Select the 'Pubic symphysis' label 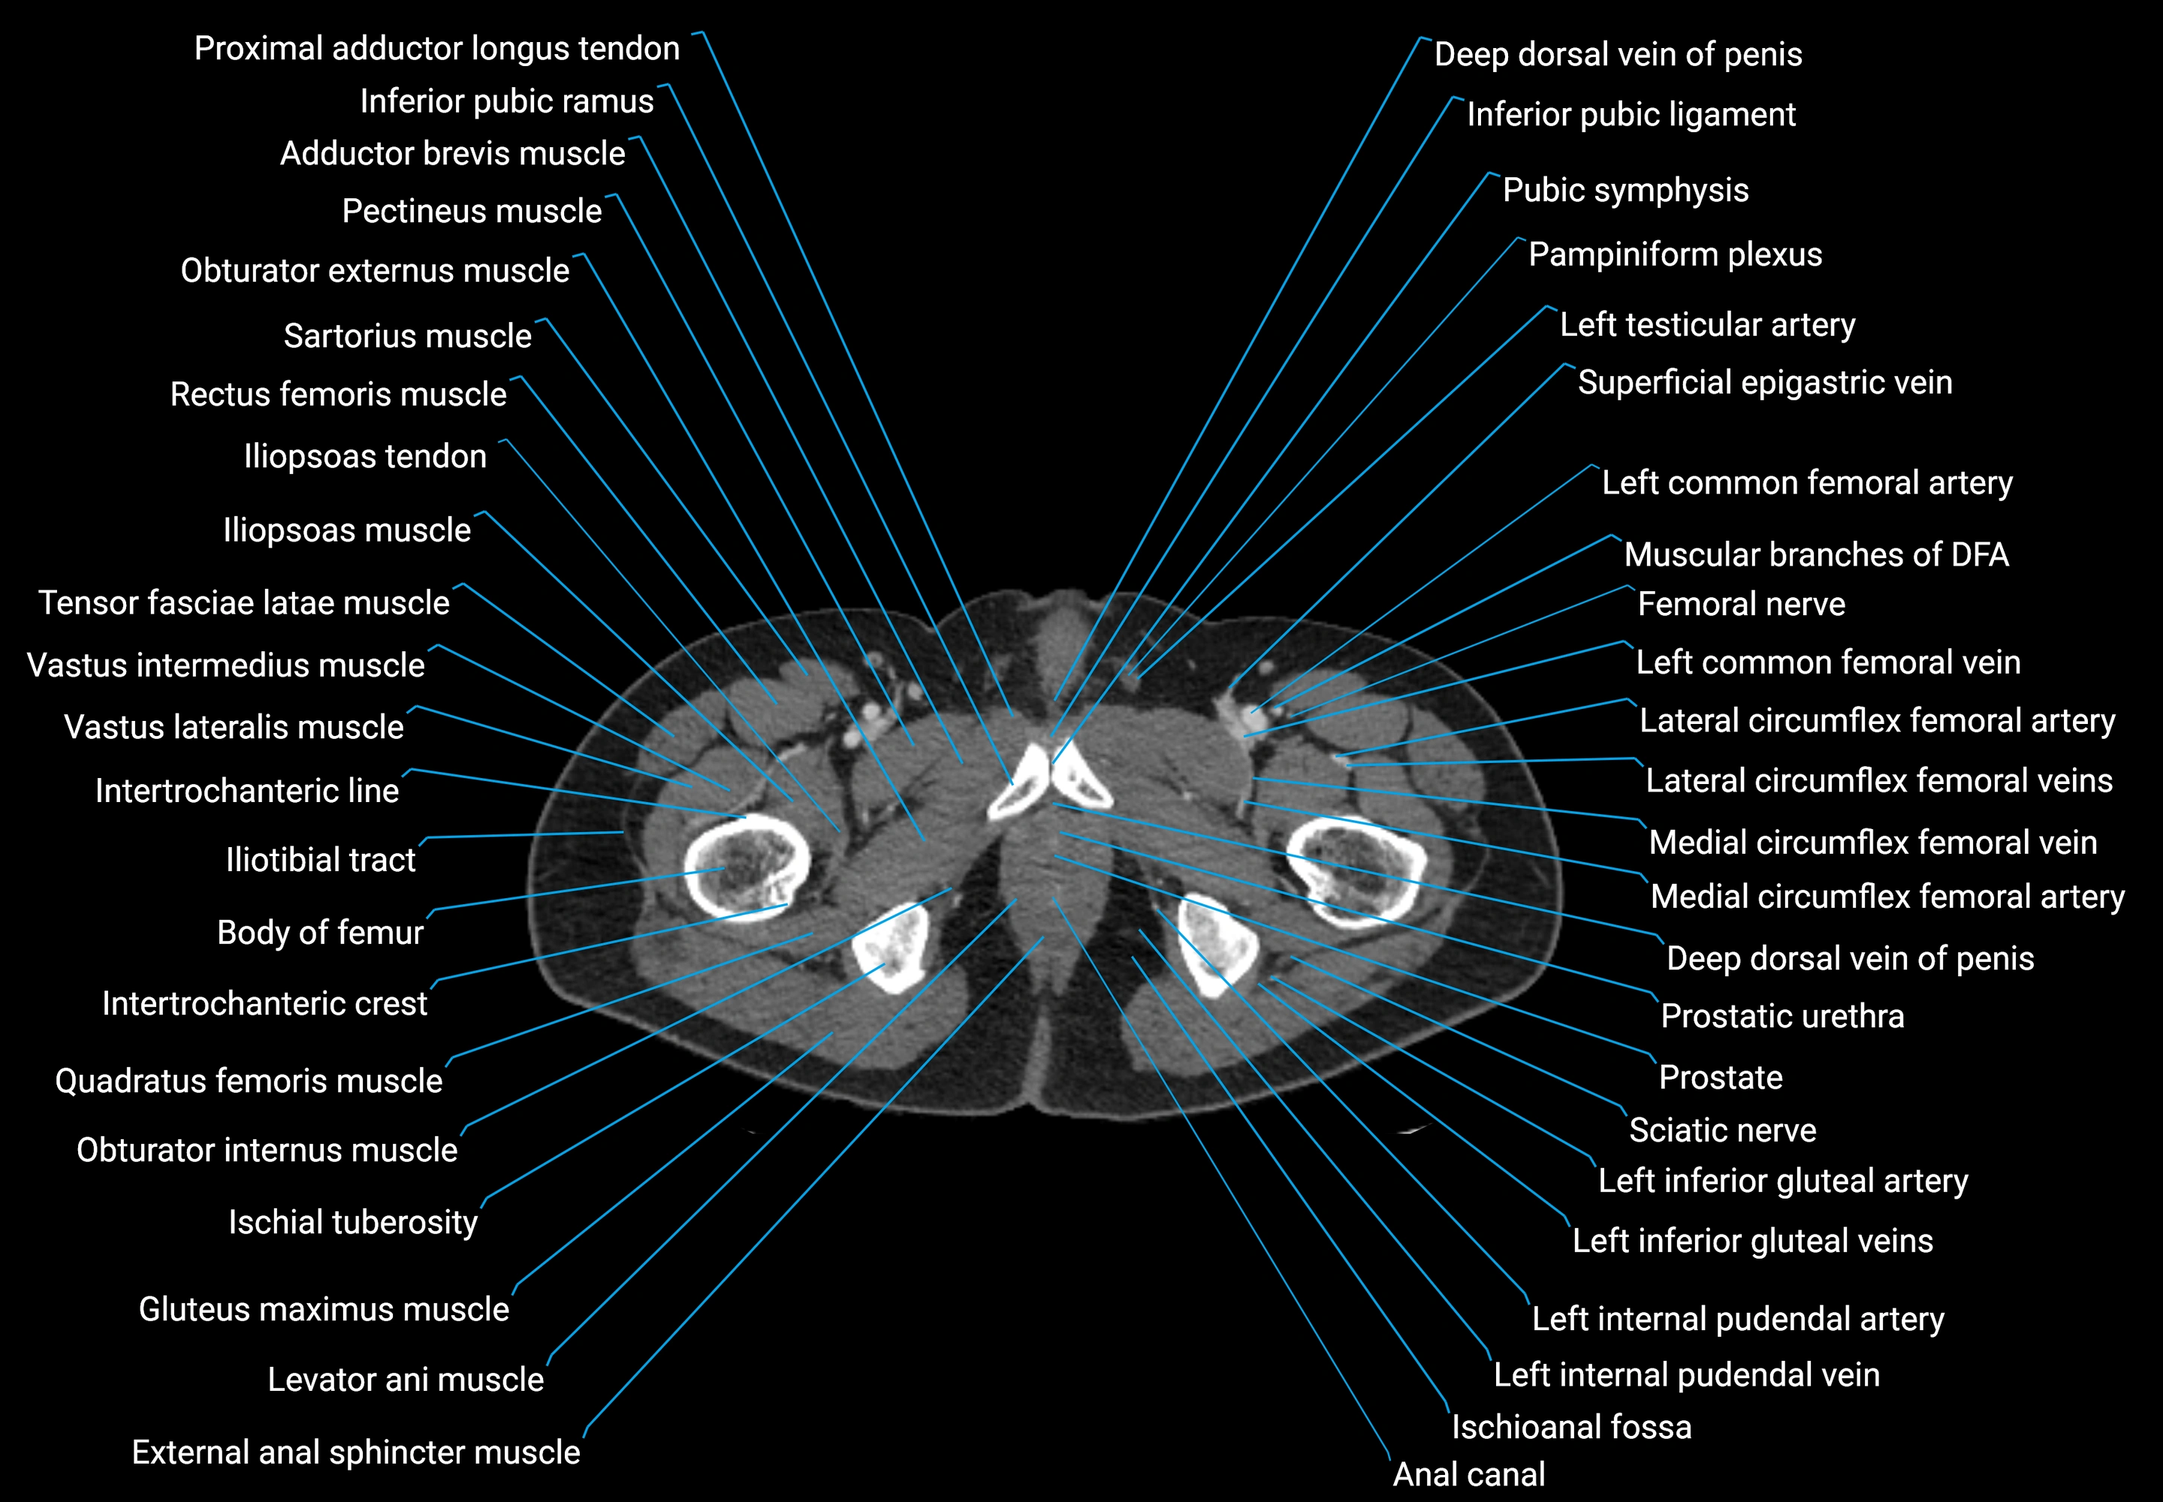click(1625, 190)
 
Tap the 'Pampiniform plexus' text click(1675, 254)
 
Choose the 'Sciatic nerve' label click(1721, 1130)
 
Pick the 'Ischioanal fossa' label click(1571, 1428)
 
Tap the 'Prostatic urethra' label click(1781, 1016)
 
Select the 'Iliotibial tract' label click(320, 860)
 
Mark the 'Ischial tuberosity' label click(353, 1223)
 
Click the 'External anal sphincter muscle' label click(356, 1453)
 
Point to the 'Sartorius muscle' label click(408, 336)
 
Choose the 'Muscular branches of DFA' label click(1816, 555)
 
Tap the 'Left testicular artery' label click(1706, 324)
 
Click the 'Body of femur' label click(320, 933)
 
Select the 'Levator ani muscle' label click(406, 1380)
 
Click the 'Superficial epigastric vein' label click(1764, 383)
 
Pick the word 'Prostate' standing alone click(1720, 1078)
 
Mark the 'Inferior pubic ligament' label click(1631, 115)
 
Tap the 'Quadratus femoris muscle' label click(249, 1081)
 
